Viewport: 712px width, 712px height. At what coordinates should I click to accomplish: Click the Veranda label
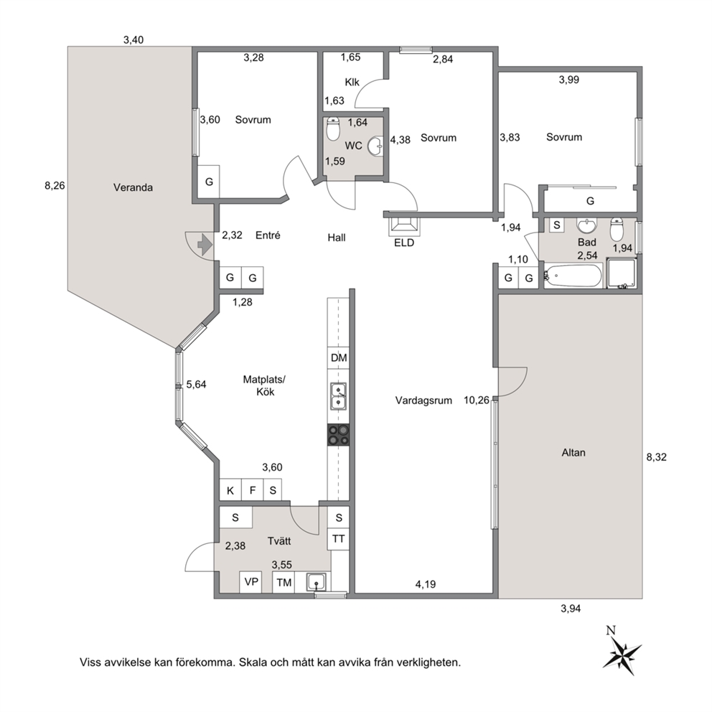tap(133, 187)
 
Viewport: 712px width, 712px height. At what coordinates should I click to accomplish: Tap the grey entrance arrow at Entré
tap(205, 245)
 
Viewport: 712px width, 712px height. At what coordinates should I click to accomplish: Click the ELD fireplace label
tap(404, 243)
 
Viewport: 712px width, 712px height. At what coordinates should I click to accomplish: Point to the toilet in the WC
tap(333, 129)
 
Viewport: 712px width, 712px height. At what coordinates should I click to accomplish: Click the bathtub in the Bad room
tap(573, 276)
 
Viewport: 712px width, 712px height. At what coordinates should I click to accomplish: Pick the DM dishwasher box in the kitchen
tap(339, 358)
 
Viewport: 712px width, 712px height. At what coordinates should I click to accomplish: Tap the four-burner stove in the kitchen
tap(339, 434)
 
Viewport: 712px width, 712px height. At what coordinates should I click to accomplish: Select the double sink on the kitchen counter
tap(338, 396)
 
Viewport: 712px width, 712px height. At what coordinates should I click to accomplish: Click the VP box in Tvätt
tap(250, 581)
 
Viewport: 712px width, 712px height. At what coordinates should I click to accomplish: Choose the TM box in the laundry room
tap(284, 582)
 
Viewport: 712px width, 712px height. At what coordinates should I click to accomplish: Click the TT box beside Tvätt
tap(338, 539)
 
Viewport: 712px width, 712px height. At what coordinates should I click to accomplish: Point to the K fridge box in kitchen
tap(230, 490)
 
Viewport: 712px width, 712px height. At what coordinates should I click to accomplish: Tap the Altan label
tap(573, 452)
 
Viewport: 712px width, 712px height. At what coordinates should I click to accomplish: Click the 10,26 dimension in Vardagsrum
tap(477, 400)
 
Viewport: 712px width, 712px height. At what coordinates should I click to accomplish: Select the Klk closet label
tap(352, 83)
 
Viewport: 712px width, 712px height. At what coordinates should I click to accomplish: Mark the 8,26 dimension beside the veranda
tap(55, 185)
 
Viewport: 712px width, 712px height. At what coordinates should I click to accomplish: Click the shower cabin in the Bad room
tap(621, 273)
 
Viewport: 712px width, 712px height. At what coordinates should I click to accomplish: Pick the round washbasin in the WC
tap(375, 146)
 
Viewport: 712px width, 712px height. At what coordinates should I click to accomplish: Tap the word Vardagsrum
tap(423, 400)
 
